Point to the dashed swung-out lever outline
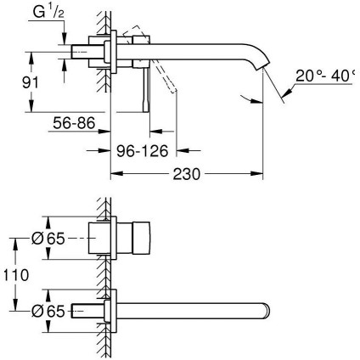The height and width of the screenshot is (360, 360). click(166, 82)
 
